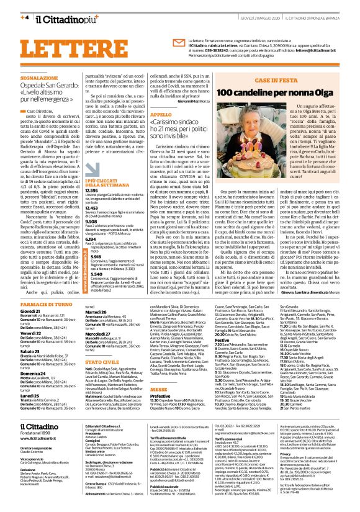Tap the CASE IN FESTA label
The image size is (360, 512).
(292, 81)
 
